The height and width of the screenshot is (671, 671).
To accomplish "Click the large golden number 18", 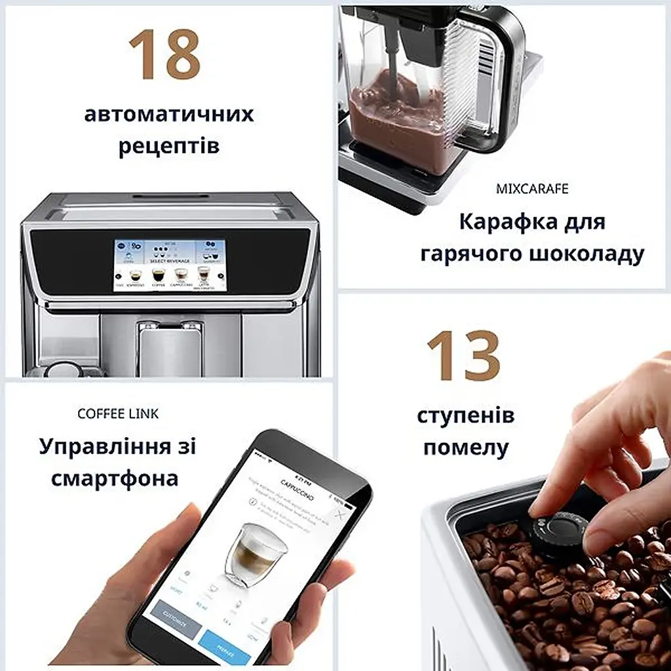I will click(x=164, y=55).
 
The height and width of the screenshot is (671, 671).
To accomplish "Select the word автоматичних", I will click(x=169, y=115).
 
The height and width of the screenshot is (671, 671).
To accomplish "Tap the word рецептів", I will click(x=169, y=145).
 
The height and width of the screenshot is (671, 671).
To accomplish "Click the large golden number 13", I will click(x=463, y=356).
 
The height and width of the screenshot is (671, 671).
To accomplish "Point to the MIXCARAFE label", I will click(x=531, y=189).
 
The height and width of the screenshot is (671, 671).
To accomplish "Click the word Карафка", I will click(x=500, y=222).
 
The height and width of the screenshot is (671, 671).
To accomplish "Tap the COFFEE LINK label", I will click(x=118, y=414).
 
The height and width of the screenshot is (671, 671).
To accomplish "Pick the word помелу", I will click(x=465, y=448).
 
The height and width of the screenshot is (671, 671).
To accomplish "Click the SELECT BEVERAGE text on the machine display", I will click(x=170, y=261).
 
